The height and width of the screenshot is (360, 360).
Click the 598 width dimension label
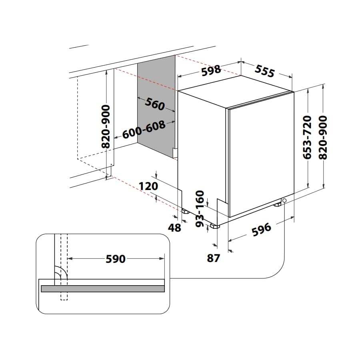211,70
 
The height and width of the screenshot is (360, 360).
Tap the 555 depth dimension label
265,71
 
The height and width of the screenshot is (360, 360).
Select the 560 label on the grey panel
155,104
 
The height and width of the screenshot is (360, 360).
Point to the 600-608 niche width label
144,130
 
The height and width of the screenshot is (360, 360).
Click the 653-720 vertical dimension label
307,137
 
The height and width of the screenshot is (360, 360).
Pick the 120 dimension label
148,186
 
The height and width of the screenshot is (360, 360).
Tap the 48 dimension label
174,228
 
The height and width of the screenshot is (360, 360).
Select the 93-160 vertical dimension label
200,209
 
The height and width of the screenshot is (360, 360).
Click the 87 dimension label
213,258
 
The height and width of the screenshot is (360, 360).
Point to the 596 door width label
262,230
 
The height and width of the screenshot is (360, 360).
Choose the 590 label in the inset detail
116,259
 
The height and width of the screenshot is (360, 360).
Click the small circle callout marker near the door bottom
284,200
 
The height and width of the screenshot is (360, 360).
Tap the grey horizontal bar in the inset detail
103,288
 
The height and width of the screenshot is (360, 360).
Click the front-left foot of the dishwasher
215,226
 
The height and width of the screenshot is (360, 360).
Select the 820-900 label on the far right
323,137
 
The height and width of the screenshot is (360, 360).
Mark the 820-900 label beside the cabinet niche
106,126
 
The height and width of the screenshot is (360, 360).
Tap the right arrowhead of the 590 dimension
162,258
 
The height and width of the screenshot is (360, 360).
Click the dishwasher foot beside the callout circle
278,204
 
